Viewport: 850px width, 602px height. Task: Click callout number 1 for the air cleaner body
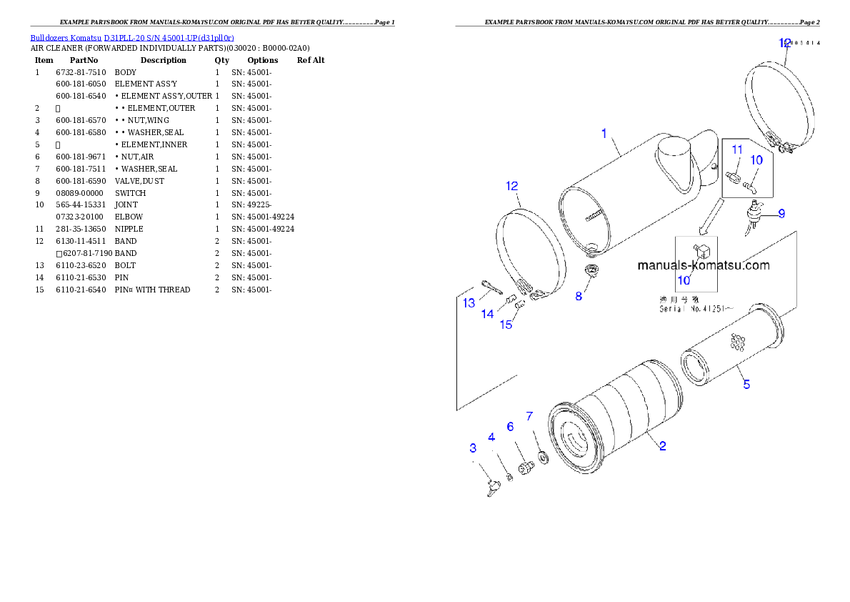click(604, 133)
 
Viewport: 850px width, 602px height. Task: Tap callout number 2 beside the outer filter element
click(663, 446)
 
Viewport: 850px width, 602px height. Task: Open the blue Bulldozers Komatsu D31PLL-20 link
click(132, 37)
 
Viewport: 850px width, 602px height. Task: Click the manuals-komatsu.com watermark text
click(704, 265)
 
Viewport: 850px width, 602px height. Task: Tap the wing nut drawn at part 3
click(491, 488)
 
